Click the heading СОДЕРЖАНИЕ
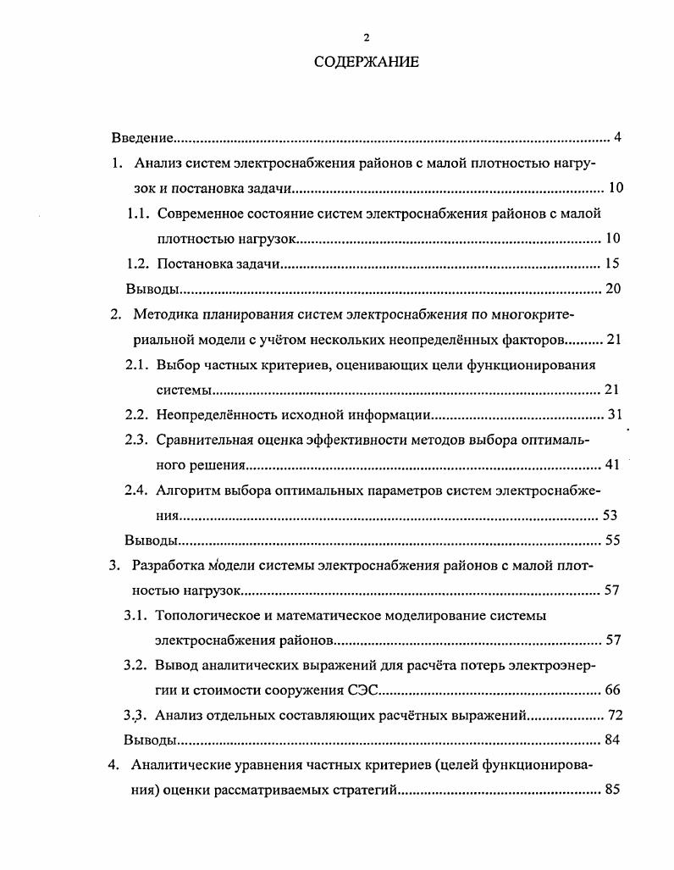click(366, 63)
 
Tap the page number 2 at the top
click(366, 37)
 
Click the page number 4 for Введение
click(618, 138)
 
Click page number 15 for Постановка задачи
click(614, 263)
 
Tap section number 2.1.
click(137, 365)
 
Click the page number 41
click(613, 464)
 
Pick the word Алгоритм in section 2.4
click(185, 490)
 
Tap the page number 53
click(610, 515)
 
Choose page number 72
click(615, 715)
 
